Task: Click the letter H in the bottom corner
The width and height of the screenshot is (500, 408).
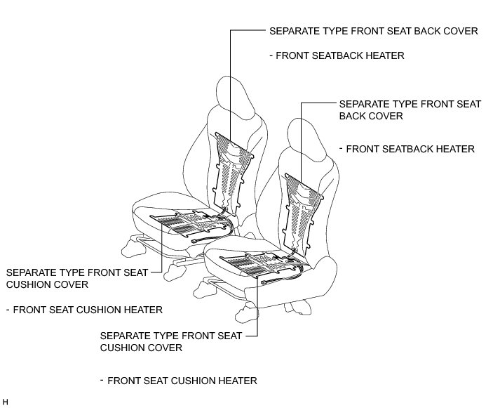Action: [6, 402]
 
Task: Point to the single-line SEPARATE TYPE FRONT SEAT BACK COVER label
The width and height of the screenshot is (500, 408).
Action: [373, 32]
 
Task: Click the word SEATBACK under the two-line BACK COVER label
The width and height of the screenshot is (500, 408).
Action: [407, 149]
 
